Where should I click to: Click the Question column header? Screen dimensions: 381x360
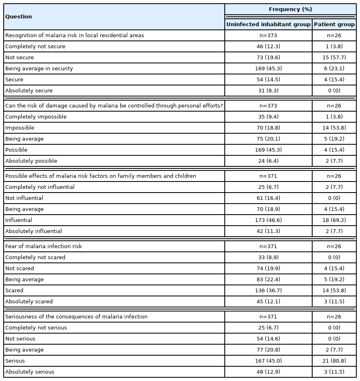coord(18,17)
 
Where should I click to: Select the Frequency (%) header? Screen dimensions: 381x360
coord(290,9)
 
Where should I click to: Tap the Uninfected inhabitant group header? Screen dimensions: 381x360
coord(268,25)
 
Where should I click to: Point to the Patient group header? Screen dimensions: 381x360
coord(334,25)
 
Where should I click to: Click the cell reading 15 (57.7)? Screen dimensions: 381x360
coord(334,58)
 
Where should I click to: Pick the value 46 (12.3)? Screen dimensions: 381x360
coord(268,47)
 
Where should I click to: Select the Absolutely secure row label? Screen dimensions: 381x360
coord(29,91)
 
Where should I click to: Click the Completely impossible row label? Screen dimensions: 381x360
coord(36,117)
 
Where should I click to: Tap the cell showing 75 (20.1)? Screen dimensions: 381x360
coord(268,139)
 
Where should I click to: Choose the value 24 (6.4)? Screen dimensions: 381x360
coord(268,161)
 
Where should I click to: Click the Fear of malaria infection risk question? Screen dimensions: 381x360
coord(44,247)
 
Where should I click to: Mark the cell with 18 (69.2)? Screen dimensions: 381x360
coord(334,220)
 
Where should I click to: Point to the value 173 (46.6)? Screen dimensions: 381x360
coord(268,220)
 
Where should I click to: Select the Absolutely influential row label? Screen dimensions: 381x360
coord(34,231)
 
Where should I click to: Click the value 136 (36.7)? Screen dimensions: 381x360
coord(268,291)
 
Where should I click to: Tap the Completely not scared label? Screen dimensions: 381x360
coord(35,258)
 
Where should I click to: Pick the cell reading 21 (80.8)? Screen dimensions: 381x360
coord(334,361)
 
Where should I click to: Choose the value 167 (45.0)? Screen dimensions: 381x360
coord(268,361)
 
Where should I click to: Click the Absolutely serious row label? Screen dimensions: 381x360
coord(30,372)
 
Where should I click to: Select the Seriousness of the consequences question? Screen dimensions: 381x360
coord(76,317)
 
